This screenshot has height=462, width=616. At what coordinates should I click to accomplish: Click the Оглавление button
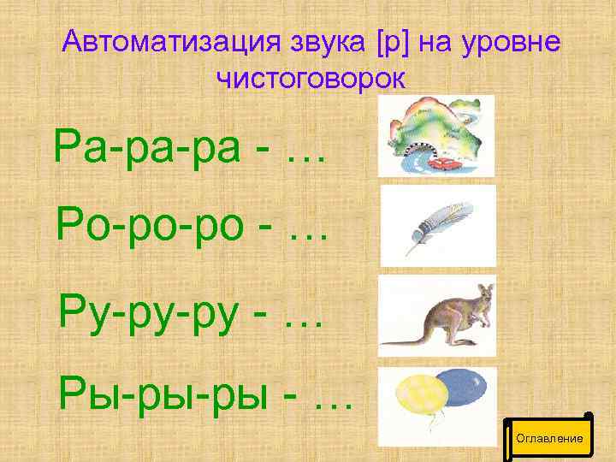tap(549, 438)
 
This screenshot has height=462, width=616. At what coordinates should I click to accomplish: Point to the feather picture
tap(437, 225)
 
